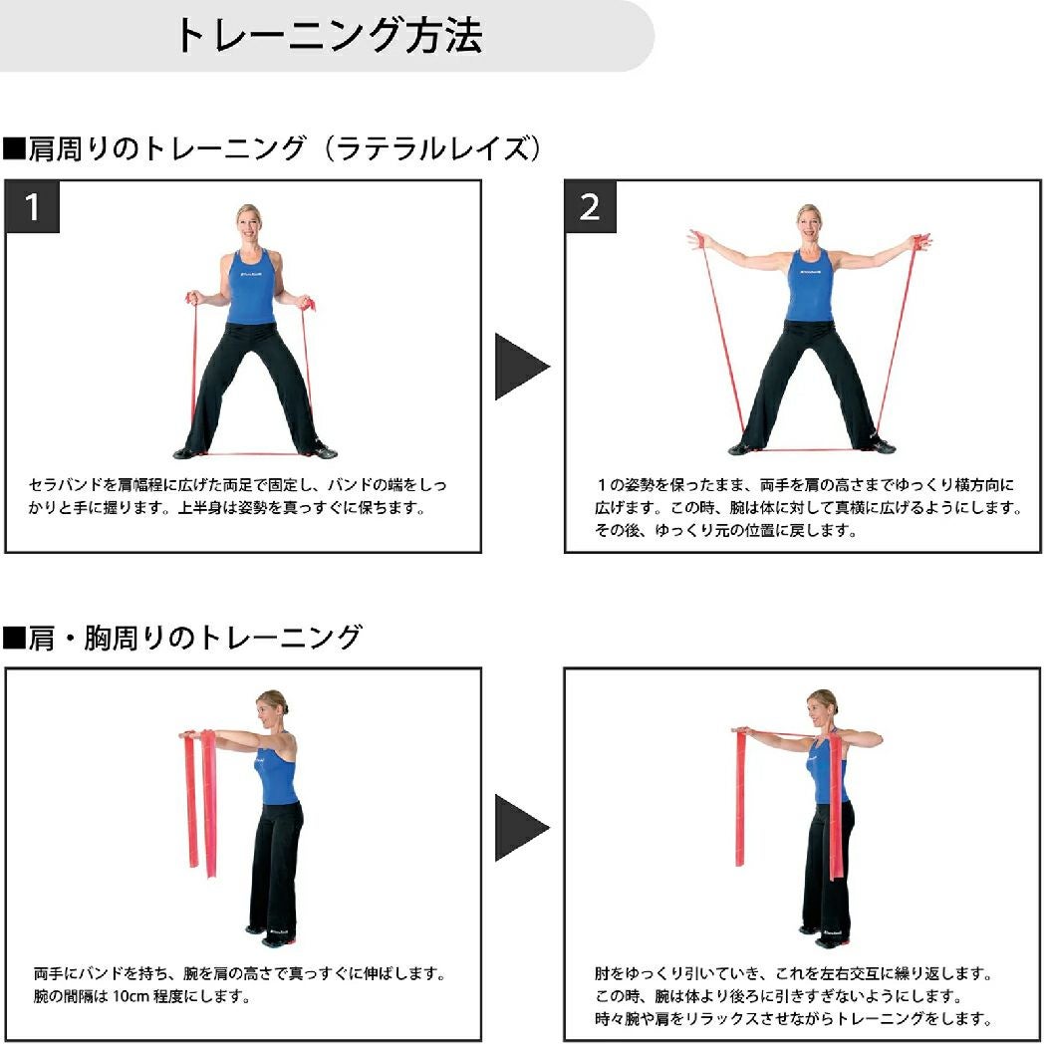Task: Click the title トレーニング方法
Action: point(328,35)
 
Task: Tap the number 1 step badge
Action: point(32,207)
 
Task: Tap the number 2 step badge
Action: point(590,207)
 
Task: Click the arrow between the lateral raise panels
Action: point(522,367)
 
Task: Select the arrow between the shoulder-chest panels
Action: point(522,828)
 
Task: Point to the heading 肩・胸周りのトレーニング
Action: point(182,638)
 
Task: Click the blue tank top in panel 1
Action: point(251,287)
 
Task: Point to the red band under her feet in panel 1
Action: point(254,454)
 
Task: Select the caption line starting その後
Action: point(726,531)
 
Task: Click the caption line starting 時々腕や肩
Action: point(793,1019)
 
